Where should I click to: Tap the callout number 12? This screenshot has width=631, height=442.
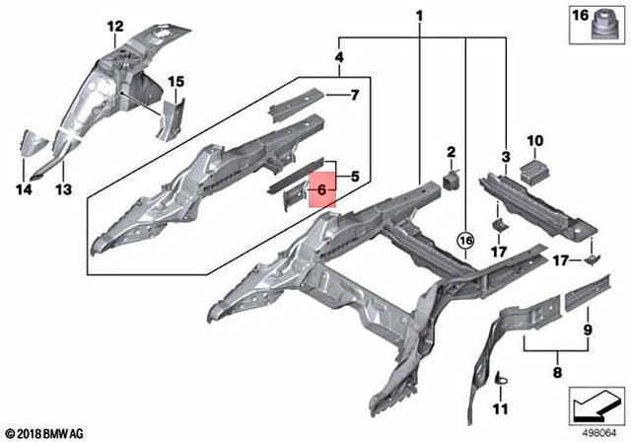pyautogui.click(x=115, y=26)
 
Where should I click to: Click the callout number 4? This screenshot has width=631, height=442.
pyautogui.click(x=339, y=58)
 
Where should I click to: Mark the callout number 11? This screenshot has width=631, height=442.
pyautogui.click(x=498, y=407)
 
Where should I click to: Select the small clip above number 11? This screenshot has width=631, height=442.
pyautogui.click(x=502, y=375)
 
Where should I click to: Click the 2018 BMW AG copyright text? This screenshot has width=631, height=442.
pyautogui.click(x=44, y=431)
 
